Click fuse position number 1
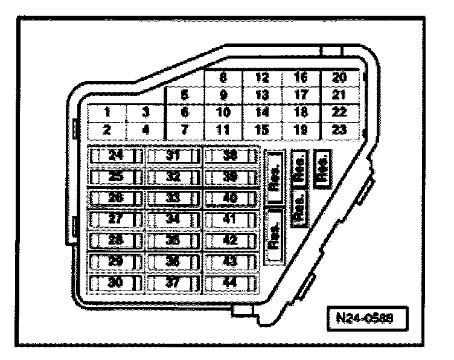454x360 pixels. point(106,112)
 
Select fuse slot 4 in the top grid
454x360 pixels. point(145,129)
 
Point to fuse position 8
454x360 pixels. point(223,78)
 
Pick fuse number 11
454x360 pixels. point(223,129)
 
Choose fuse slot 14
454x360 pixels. point(262,112)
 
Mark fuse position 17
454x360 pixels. point(301,95)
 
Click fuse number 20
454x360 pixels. point(340,78)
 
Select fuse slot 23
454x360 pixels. point(340,129)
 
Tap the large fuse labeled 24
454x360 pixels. point(117,156)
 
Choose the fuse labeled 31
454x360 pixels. point(174,156)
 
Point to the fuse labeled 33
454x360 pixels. point(174,198)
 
